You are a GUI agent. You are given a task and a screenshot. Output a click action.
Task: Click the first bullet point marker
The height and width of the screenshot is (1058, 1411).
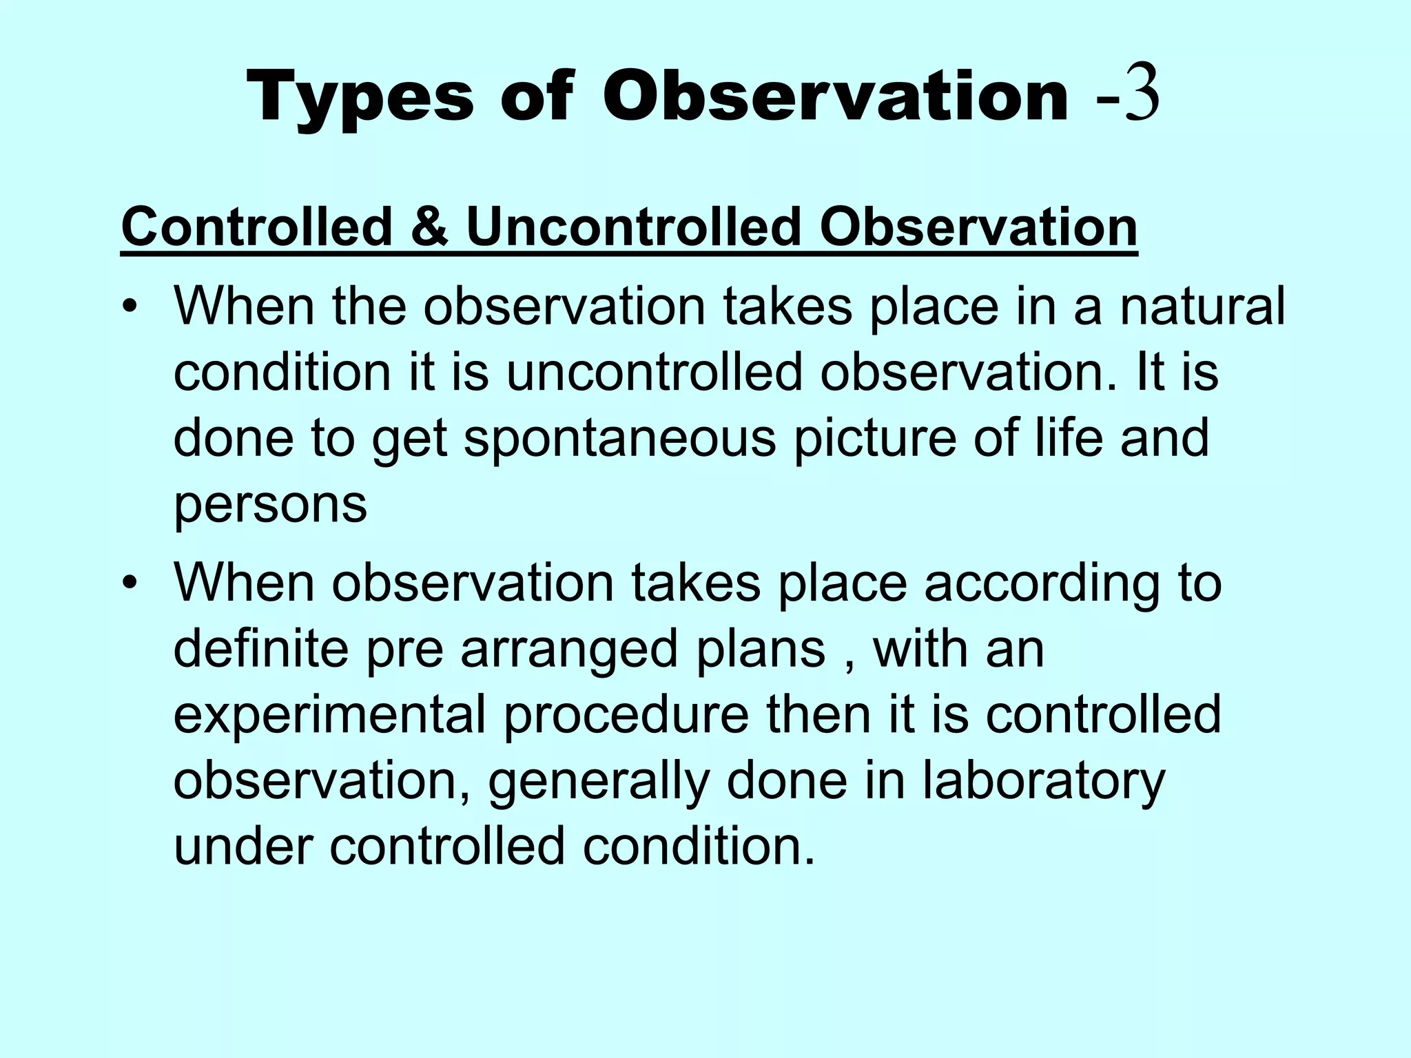(x=128, y=308)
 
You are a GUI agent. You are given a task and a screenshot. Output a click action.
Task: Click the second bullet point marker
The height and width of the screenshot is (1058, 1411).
(x=128, y=585)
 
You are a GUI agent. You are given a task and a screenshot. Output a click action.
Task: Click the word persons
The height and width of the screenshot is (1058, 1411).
(x=270, y=504)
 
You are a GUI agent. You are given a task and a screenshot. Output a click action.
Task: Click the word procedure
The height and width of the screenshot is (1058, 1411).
(x=626, y=715)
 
